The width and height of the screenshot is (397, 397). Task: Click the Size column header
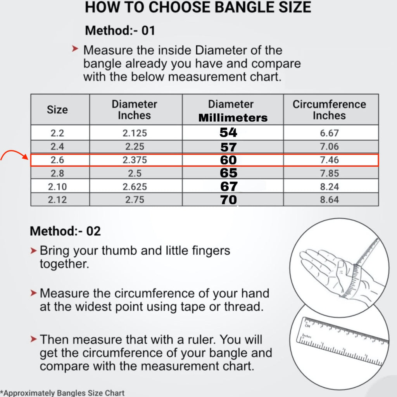click(57, 110)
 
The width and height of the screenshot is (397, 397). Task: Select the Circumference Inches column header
click(329, 110)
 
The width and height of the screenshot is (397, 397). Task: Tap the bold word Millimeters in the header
click(233, 118)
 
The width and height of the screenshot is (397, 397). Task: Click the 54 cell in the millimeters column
click(228, 133)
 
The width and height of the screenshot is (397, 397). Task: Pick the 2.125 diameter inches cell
click(135, 133)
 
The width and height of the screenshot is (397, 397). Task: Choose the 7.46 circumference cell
click(329, 160)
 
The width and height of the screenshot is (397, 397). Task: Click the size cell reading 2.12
click(57, 200)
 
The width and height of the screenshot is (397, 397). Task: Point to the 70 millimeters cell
click(228, 200)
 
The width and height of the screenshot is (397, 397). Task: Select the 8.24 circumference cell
click(329, 186)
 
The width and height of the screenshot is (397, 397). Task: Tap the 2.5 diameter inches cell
click(135, 173)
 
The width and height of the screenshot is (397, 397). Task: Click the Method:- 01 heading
click(120, 31)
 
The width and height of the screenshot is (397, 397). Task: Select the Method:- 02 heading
click(65, 231)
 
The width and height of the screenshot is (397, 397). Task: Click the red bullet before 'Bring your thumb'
click(33, 251)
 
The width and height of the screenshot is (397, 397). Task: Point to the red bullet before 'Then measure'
click(33, 339)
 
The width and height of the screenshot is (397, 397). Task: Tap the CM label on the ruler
click(307, 326)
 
